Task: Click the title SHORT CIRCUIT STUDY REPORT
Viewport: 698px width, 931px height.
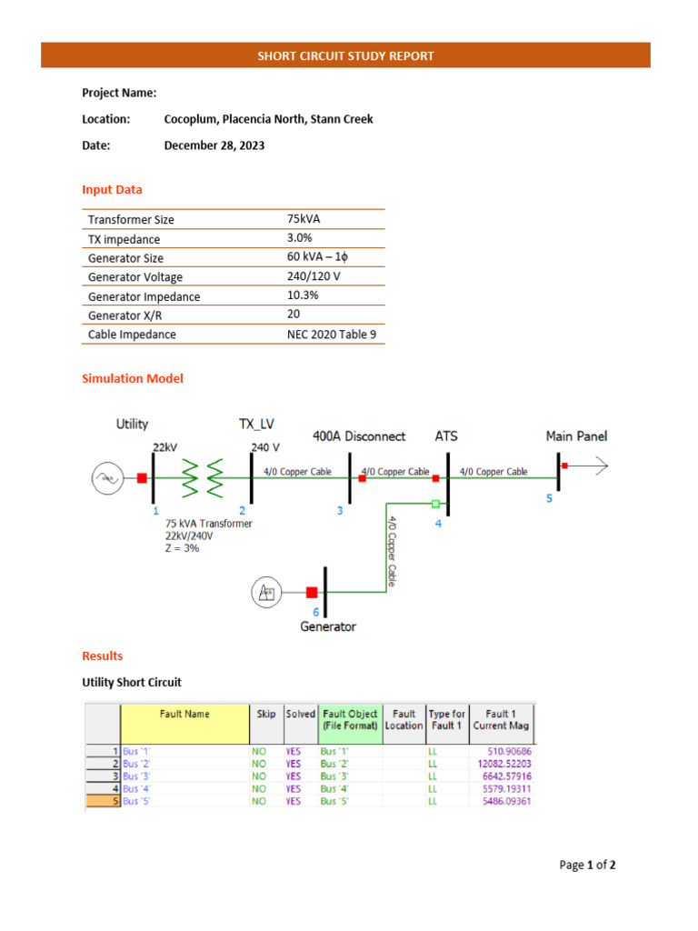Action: [x=345, y=55]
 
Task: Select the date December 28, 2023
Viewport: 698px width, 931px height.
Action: [x=214, y=145]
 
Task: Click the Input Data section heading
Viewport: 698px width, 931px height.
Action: [x=112, y=189]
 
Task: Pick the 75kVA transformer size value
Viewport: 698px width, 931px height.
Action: [x=304, y=219]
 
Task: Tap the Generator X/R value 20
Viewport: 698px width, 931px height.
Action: [x=294, y=315]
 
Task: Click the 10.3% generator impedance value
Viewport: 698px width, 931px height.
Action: [x=303, y=295]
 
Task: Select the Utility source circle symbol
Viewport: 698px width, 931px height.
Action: [x=106, y=477]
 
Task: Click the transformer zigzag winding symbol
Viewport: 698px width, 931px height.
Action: [x=202, y=477]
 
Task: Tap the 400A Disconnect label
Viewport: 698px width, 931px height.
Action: [x=358, y=436]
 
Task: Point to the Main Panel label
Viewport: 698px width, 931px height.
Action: [x=576, y=436]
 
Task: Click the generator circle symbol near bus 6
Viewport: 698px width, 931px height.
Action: [x=266, y=593]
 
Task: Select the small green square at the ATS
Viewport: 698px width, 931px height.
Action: [x=436, y=503]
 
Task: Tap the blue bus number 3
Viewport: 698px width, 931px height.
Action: [x=340, y=511]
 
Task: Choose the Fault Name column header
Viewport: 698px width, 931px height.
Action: [x=184, y=715]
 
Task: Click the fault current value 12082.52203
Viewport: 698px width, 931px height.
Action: [x=501, y=764]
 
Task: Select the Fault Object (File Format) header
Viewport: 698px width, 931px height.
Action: [x=349, y=719]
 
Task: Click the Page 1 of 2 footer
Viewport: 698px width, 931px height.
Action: [x=587, y=865]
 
